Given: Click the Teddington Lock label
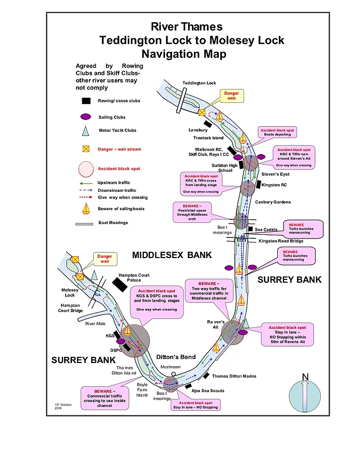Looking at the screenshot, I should click(x=199, y=83).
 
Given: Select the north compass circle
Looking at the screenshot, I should click(x=305, y=396).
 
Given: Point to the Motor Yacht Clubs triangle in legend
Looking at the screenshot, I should click(x=86, y=131).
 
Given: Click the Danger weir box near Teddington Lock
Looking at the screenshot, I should click(x=232, y=96).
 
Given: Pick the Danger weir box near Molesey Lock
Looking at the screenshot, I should click(x=105, y=259).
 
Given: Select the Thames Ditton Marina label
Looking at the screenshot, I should click(x=235, y=376).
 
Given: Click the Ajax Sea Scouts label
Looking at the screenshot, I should click(x=209, y=390).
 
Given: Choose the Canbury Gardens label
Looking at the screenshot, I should click(x=273, y=202).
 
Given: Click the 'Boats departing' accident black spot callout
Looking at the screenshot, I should click(x=279, y=132).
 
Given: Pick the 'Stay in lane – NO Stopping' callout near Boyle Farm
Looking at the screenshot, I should click(x=196, y=405).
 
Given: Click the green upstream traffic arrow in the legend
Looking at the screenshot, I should click(x=87, y=183).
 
